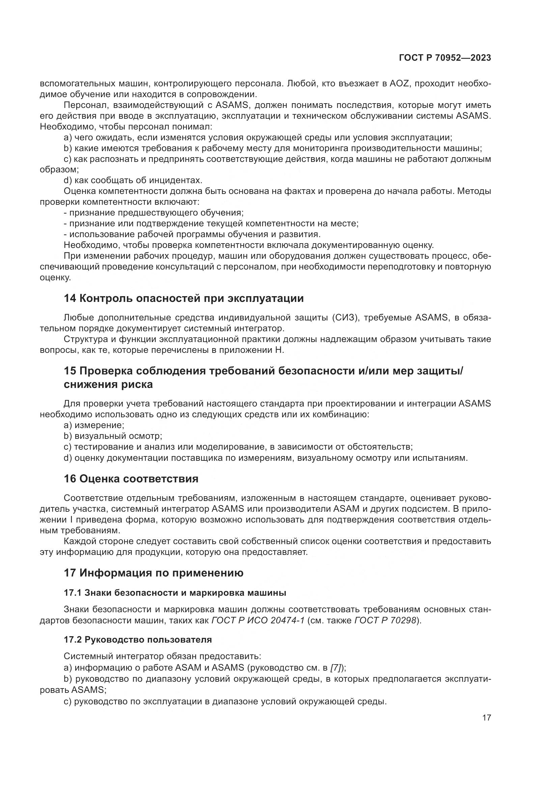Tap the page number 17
(486, 717)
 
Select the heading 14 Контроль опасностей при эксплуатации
(184, 298)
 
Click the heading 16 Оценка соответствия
(131, 479)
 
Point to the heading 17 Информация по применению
(154, 573)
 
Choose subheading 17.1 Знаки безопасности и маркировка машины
(175, 593)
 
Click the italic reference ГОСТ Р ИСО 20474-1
(258, 620)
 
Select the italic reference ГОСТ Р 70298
(385, 620)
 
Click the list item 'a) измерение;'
(94, 425)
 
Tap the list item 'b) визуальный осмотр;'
(113, 436)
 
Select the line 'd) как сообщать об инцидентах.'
(133, 180)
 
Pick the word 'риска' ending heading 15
(137, 384)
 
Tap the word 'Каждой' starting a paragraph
(80, 541)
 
